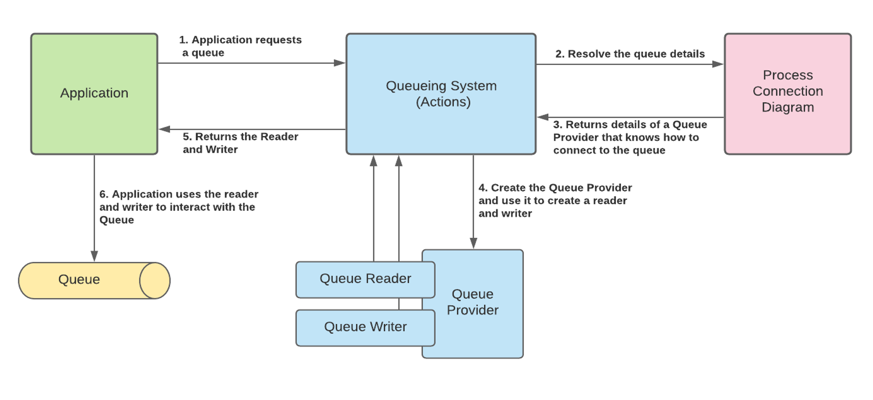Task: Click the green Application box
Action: coord(94,94)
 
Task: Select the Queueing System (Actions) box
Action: coord(441,94)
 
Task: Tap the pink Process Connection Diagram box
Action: coord(788,94)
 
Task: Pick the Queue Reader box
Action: coord(365,279)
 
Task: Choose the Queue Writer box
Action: coord(365,327)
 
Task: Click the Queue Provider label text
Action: coord(472,302)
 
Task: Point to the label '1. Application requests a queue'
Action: coord(240,46)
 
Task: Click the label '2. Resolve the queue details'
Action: coord(630,54)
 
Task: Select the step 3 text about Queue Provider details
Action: coord(629,137)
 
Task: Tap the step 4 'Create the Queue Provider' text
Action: coord(554,200)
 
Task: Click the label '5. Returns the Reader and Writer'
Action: coord(240,143)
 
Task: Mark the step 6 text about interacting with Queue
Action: coord(178,207)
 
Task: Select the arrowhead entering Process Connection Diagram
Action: coord(718,64)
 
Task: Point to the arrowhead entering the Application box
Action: coord(164,130)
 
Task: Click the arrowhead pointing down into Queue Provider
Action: coord(473,243)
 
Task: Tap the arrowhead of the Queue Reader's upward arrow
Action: coord(374,160)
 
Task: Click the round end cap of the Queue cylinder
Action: coord(155,280)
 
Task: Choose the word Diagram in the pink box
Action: coord(788,107)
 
